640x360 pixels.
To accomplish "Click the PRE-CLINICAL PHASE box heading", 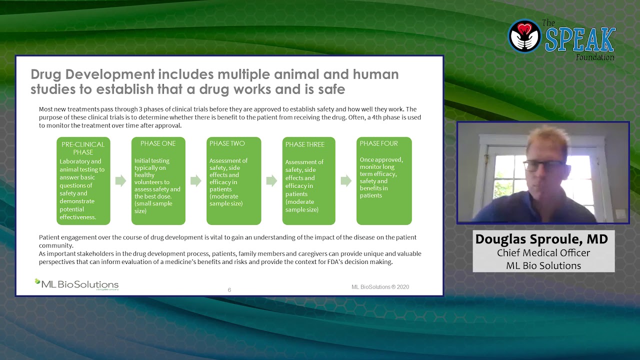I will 83,148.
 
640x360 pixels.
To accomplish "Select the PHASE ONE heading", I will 158,143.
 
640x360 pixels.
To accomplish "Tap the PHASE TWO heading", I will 227,143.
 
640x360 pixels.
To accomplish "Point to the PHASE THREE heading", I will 305,144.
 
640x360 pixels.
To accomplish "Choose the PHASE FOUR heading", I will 379,143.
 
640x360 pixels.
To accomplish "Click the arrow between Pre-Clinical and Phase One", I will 120,181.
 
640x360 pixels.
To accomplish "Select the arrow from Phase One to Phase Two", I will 195,181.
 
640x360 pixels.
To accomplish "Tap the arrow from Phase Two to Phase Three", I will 271,181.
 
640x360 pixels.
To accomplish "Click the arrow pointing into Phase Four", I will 346,181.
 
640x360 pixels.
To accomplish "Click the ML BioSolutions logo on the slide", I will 77,284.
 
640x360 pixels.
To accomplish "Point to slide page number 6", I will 229,290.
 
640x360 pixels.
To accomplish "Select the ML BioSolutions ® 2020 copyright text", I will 380,287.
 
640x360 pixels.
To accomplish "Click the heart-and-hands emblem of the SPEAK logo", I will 524,36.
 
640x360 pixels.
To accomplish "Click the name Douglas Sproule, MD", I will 541,239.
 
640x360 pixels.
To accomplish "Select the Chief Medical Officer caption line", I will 543,253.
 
